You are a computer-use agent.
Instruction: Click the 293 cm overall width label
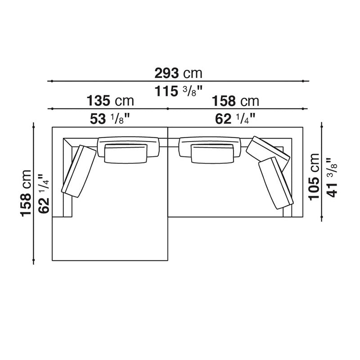pyautogui.click(x=178, y=73)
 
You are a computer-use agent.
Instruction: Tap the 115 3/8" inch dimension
pyautogui.click(x=178, y=91)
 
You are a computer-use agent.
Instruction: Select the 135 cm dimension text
pyautogui.click(x=110, y=101)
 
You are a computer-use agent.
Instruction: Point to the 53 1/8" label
pyautogui.click(x=110, y=119)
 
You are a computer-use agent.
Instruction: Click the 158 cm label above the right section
pyautogui.click(x=235, y=101)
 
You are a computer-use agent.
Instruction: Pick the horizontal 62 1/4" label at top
pyautogui.click(x=235, y=119)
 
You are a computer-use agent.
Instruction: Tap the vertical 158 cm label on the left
pyautogui.click(x=26, y=193)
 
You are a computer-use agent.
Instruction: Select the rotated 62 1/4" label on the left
pyautogui.click(x=44, y=194)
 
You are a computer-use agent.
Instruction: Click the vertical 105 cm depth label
pyautogui.click(x=314, y=177)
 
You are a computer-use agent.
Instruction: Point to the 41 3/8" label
pyautogui.click(x=332, y=177)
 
